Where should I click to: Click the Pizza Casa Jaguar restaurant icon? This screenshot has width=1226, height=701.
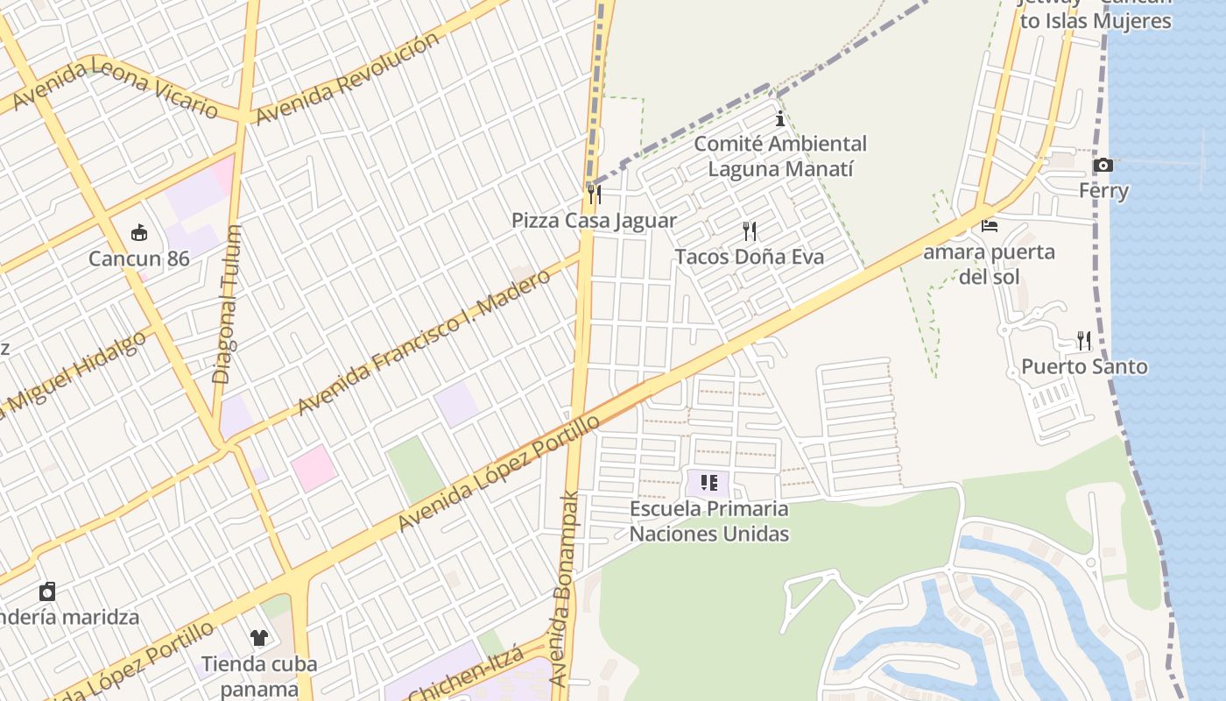pos(595,194)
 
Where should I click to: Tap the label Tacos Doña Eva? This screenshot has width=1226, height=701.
pos(749,257)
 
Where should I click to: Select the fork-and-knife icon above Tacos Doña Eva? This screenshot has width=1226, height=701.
pos(750,231)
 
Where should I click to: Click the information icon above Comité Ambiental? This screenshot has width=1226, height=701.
pos(779,119)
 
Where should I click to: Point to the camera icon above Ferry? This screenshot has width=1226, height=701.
pos(1103,165)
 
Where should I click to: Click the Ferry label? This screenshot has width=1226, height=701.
pos(1103,190)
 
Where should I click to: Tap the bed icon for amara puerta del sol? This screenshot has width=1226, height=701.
pos(990,226)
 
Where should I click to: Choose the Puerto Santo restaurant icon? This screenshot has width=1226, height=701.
pos(1084,340)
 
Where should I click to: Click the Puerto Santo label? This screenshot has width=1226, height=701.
pos(1084,366)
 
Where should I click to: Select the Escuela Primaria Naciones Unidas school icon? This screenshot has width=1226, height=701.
pos(709,482)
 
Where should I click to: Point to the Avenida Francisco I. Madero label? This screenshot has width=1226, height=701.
pos(424,342)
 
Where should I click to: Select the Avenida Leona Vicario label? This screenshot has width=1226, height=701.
pos(115,88)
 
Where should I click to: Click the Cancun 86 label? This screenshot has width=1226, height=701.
pos(139,258)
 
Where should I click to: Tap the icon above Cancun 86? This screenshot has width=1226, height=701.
pos(139,232)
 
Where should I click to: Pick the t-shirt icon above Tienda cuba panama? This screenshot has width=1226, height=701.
pos(258,637)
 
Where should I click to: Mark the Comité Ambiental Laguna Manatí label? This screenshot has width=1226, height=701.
pos(779,156)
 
